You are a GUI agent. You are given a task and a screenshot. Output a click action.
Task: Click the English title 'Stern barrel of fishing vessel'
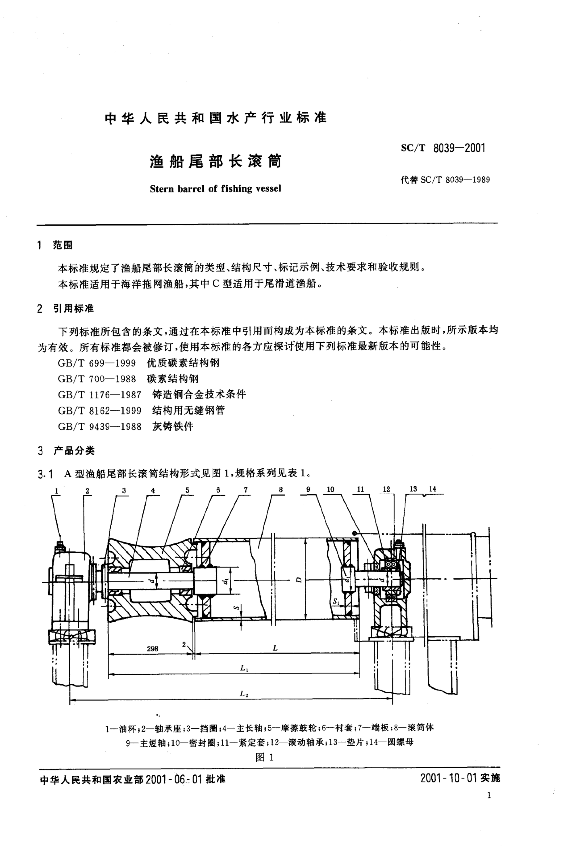coord(216,189)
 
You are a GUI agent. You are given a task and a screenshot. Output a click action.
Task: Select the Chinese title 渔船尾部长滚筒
coord(216,161)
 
